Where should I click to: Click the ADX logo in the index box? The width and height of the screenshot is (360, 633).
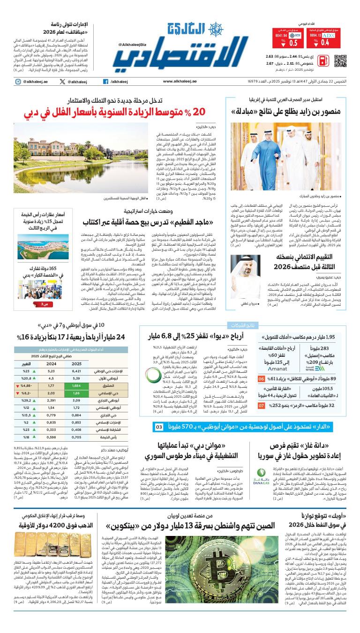point(329,36)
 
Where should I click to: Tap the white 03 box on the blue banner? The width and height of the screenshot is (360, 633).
point(158,427)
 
